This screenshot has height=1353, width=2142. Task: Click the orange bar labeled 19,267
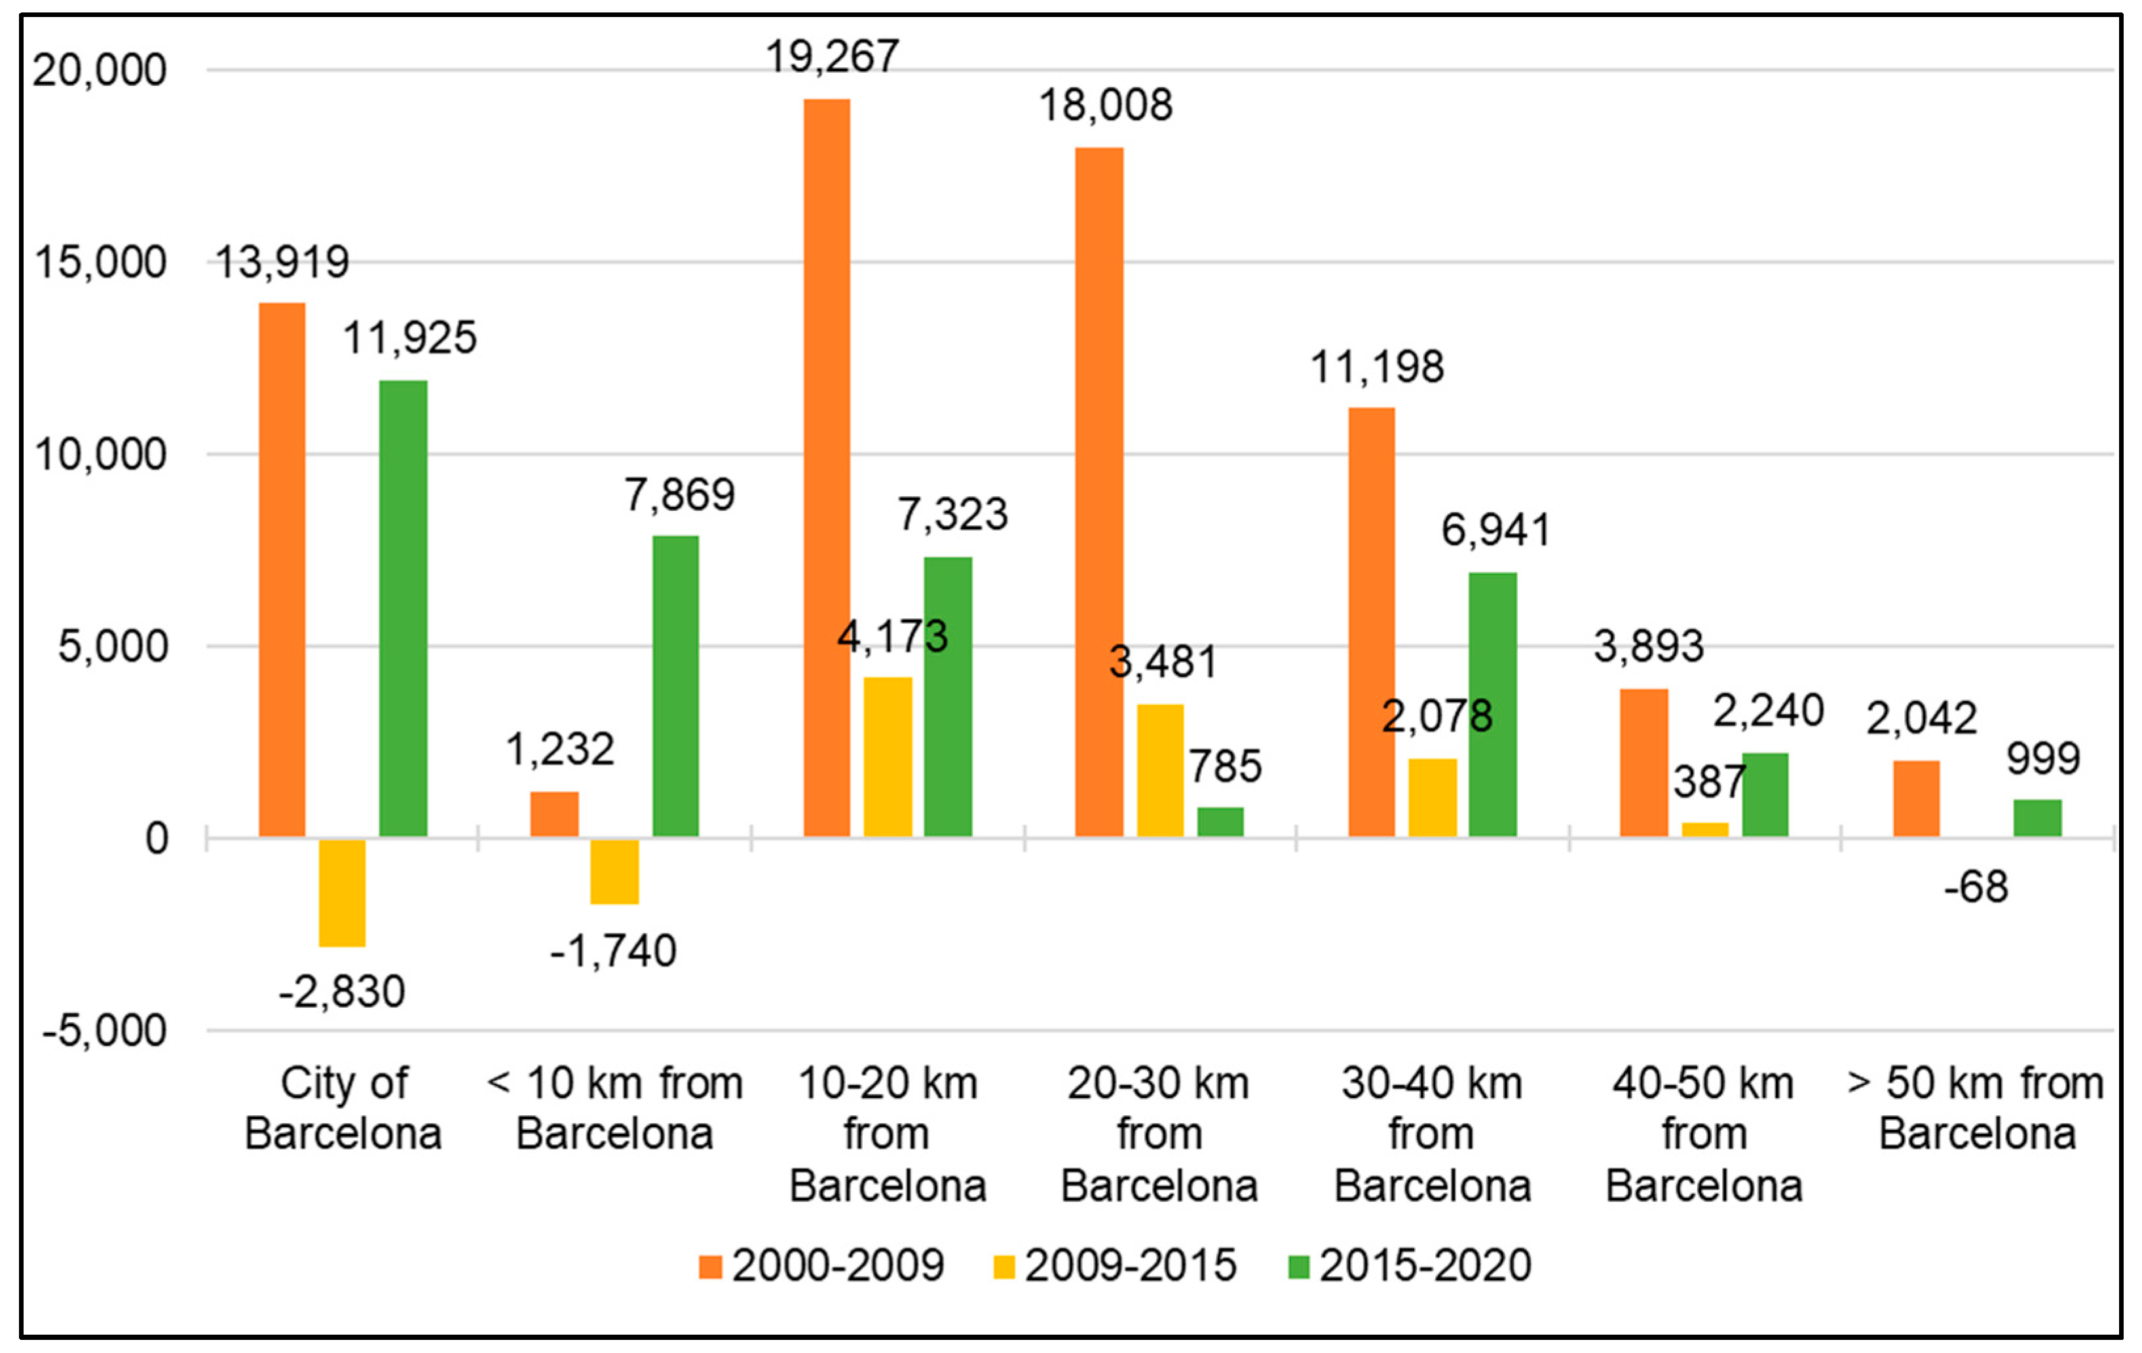click(x=827, y=467)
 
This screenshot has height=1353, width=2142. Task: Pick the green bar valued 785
click(x=1220, y=821)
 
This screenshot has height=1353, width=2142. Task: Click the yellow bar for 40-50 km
click(x=1704, y=829)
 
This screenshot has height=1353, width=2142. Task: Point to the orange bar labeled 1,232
click(x=554, y=813)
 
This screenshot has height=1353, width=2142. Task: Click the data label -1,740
click(x=613, y=952)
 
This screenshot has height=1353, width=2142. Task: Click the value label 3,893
click(x=1648, y=646)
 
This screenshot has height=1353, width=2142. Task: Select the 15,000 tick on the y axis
click(x=100, y=263)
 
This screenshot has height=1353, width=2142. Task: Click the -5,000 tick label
click(x=104, y=1031)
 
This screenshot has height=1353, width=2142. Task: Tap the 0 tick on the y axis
click(x=157, y=839)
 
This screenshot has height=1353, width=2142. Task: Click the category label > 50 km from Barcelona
click(x=1976, y=1108)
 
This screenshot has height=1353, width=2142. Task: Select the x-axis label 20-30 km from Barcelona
click(x=1158, y=1134)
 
